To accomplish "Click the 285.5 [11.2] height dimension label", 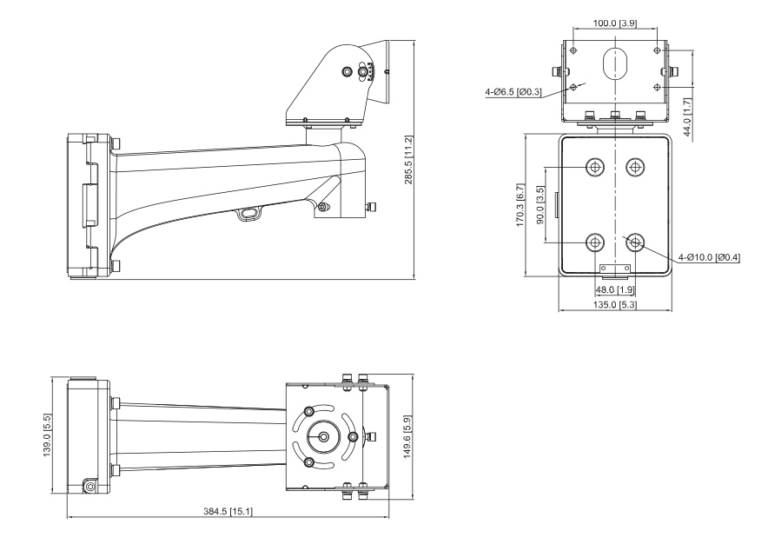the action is pyautogui.click(x=408, y=160).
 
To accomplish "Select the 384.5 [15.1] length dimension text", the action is pyautogui.click(x=228, y=511).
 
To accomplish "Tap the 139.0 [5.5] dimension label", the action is pyautogui.click(x=47, y=435).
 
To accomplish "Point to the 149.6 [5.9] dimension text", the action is pyautogui.click(x=407, y=437).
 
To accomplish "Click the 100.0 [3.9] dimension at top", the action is pyautogui.click(x=615, y=23).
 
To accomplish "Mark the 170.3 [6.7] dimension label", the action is pyautogui.click(x=520, y=205).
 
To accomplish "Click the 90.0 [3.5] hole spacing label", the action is pyautogui.click(x=540, y=205).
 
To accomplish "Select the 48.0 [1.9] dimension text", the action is pyautogui.click(x=615, y=290).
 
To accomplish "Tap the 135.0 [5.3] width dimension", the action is pyautogui.click(x=615, y=305).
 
